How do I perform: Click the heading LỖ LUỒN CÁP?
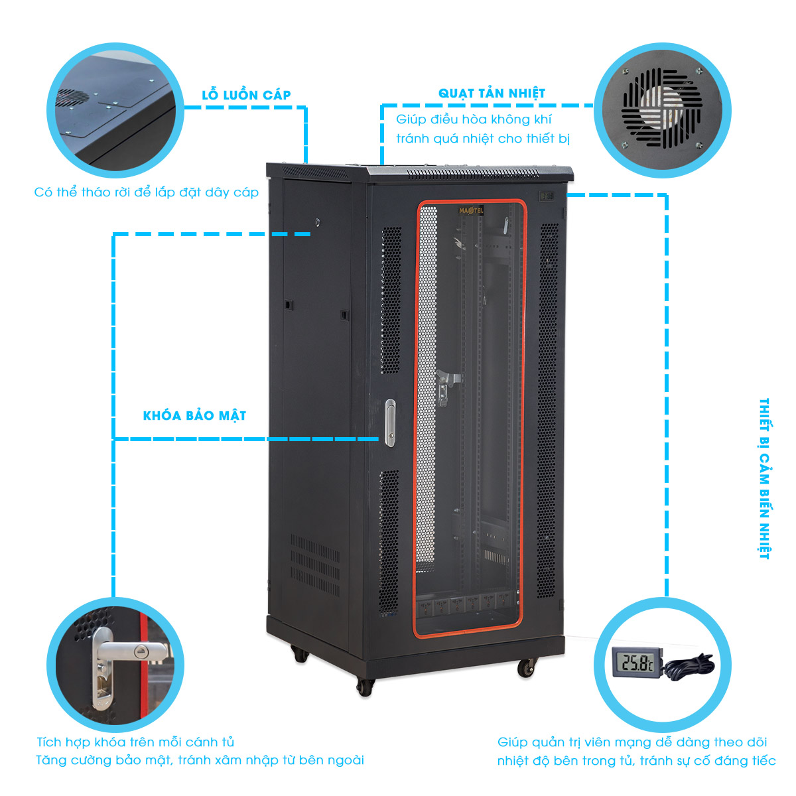tap(246, 95)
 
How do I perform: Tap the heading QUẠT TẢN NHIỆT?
tap(492, 94)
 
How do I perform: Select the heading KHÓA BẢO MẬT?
tap(194, 415)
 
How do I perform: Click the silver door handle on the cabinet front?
tap(390, 423)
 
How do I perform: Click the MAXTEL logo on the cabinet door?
tap(471, 211)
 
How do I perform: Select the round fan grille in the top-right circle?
tap(662, 109)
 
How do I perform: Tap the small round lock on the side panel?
tap(317, 222)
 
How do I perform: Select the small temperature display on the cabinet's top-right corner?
tap(547, 196)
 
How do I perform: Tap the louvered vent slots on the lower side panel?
tap(315, 564)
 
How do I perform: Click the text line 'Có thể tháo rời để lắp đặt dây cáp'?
tap(146, 192)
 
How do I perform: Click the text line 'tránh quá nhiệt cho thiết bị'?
tap(483, 139)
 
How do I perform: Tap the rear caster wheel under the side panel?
tap(300, 653)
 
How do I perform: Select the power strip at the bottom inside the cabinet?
tap(467, 606)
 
